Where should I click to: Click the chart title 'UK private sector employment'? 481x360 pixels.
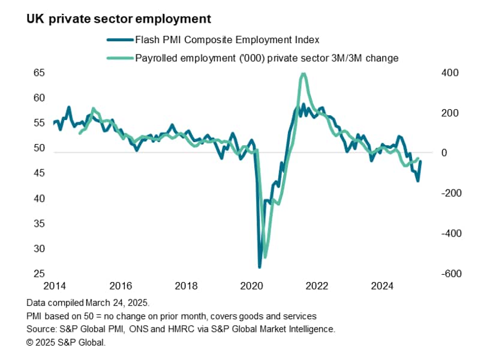coord(119,19)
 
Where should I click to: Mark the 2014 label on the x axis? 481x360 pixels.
coord(55,285)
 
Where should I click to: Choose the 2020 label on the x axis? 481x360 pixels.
coord(252,285)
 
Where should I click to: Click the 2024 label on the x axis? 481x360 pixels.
coord(383,285)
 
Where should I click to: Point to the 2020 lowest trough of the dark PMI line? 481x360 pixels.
coord(260,267)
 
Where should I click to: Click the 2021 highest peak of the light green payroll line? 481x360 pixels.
coord(303,74)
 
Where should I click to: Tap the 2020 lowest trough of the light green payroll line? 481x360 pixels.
coord(265,257)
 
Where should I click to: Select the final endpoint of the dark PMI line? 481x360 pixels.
coord(420,161)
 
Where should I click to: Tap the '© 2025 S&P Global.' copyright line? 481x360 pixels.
coord(66,342)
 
